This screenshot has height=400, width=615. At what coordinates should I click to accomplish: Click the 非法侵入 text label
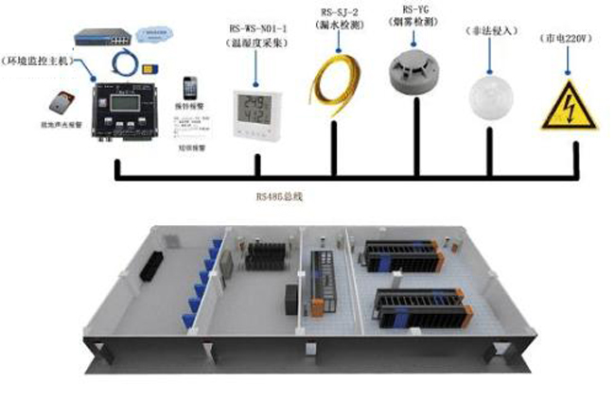click(490, 31)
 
